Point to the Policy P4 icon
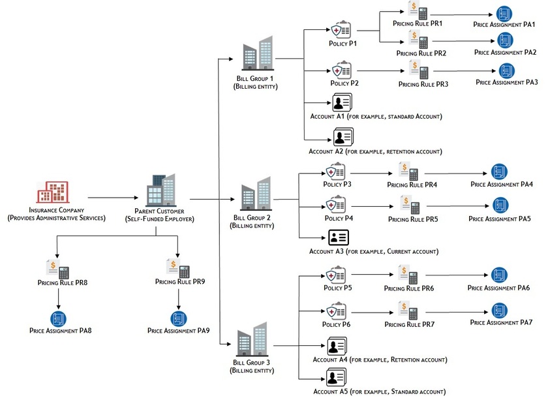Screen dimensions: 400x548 (336, 206)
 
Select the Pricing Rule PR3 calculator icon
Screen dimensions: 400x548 (418, 70)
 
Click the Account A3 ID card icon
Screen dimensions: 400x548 (339, 238)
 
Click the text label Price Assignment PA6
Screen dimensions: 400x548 (498, 288)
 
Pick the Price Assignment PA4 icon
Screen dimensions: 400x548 (500, 172)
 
